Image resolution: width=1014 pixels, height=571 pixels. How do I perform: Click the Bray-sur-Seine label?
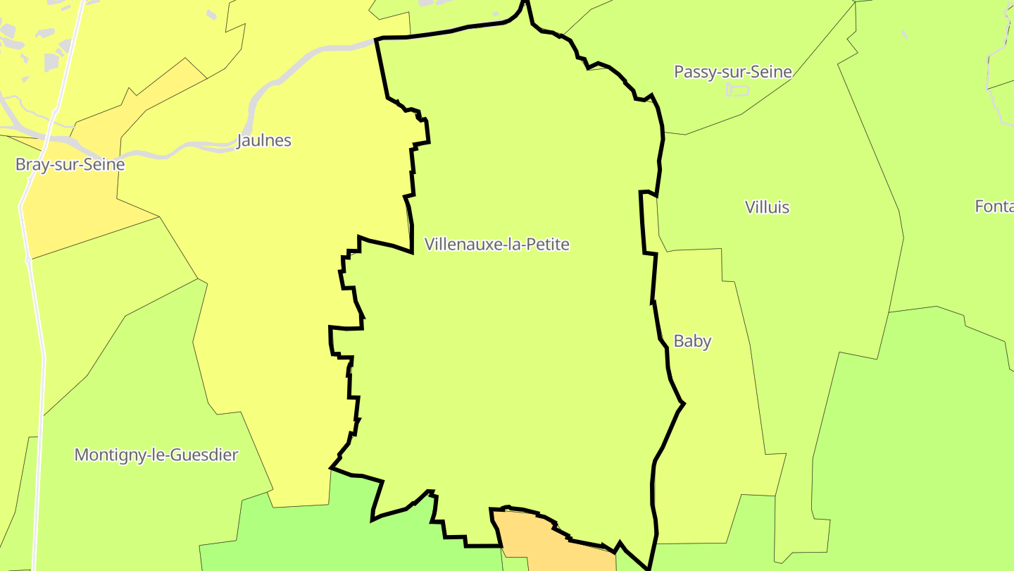pyautogui.click(x=70, y=165)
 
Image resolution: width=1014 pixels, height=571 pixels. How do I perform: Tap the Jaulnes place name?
pyautogui.click(x=264, y=140)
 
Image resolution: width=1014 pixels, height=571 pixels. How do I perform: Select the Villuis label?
pyautogui.click(x=767, y=207)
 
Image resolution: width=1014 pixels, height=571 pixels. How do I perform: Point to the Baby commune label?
pyautogui.click(x=692, y=341)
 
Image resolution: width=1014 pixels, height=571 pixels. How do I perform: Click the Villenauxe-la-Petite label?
pyautogui.click(x=496, y=245)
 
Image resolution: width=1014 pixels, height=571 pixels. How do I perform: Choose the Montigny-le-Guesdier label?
pyautogui.click(x=156, y=455)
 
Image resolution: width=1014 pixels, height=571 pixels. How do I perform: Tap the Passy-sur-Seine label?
pyautogui.click(x=733, y=72)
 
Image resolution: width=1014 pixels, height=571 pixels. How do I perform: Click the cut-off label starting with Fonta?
pyautogui.click(x=994, y=207)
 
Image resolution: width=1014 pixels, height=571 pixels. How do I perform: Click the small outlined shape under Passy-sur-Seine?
pyautogui.click(x=738, y=90)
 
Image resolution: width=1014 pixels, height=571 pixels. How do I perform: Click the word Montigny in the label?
pyautogui.click(x=106, y=455)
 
